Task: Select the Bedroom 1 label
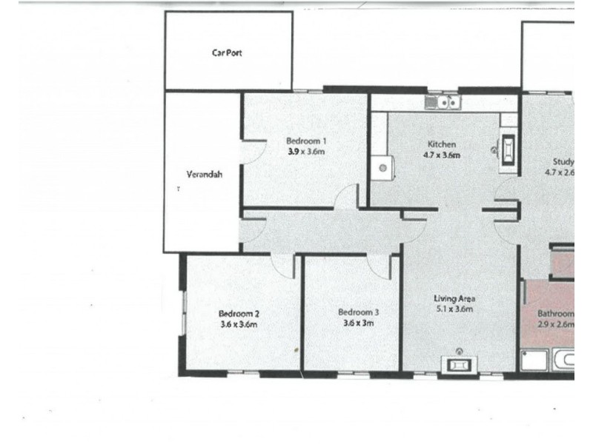[307, 141]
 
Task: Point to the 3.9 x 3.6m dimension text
[307, 152]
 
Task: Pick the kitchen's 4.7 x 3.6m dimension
[443, 155]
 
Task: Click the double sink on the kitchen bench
[443, 103]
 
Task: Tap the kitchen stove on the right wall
[509, 150]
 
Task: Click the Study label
[563, 162]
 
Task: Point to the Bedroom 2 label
[239, 313]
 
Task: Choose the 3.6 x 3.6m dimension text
[239, 324]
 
